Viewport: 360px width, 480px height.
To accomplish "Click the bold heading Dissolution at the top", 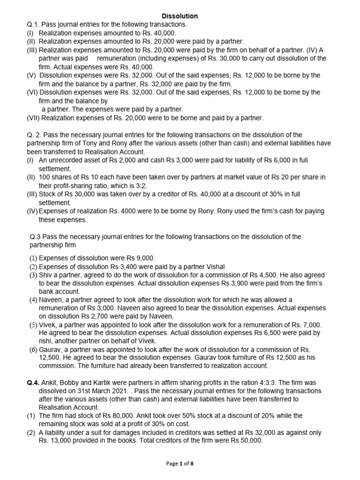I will pos(180,16).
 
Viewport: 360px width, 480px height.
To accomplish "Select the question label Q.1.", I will pos(34,24).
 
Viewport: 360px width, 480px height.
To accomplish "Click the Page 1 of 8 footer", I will pos(180,464).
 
